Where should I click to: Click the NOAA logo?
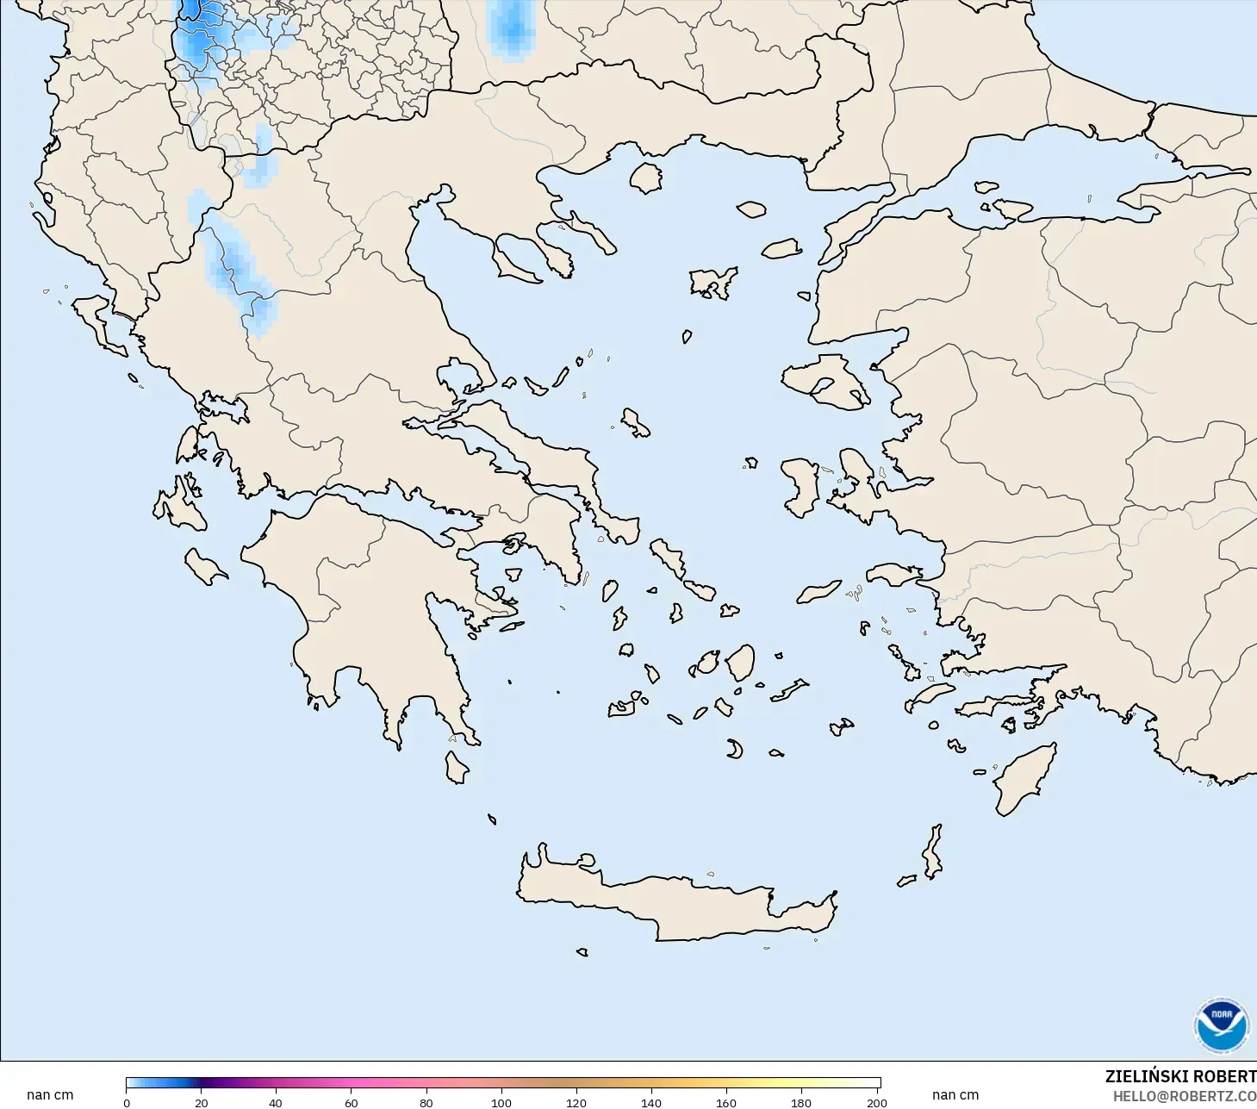click(1221, 1025)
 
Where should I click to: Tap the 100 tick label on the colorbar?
click(501, 1102)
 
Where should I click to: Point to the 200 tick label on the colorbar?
click(876, 1102)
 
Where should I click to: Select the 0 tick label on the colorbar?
click(127, 1102)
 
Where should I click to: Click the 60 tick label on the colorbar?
click(351, 1102)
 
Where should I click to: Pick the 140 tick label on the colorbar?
click(650, 1102)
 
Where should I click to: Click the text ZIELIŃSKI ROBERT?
click(1180, 1076)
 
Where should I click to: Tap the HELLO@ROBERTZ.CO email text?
click(1184, 1096)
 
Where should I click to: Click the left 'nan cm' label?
click(50, 1094)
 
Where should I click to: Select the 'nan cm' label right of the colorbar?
click(955, 1094)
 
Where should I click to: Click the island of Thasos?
click(645, 178)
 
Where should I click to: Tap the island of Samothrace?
click(751, 209)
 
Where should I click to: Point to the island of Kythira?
click(457, 767)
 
